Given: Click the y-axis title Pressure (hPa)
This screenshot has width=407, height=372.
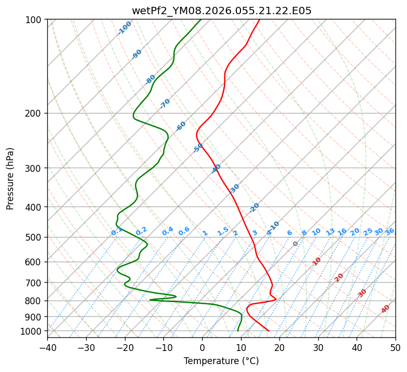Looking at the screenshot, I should tap(11, 179).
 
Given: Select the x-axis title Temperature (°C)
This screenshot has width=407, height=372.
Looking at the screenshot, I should tap(221, 361).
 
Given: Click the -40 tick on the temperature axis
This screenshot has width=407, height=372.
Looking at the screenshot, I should tap(47, 348).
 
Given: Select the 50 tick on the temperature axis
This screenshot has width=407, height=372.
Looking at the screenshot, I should tap(395, 348).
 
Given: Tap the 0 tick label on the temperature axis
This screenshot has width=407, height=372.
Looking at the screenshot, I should tap(202, 348).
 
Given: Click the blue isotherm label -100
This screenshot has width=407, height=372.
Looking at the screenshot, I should tap(125, 28).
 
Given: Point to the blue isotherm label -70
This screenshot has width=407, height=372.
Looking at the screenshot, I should tap(165, 104).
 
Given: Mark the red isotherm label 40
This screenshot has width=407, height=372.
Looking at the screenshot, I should tap(385, 309).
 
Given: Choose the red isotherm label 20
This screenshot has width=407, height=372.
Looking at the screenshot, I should tap(339, 277).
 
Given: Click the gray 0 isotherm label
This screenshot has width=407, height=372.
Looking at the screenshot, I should tap(296, 244).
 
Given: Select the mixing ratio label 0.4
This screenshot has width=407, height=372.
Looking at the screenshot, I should tap(168, 232).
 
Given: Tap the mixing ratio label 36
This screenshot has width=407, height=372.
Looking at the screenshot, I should tap(390, 232).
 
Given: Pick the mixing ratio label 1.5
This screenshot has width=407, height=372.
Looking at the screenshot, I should tap(223, 231).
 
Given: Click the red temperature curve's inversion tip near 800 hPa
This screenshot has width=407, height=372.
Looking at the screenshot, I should tap(276, 299).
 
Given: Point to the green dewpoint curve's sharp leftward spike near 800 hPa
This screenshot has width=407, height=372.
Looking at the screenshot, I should tap(150, 300).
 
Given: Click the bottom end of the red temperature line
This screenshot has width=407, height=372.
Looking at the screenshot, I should tap(269, 331).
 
